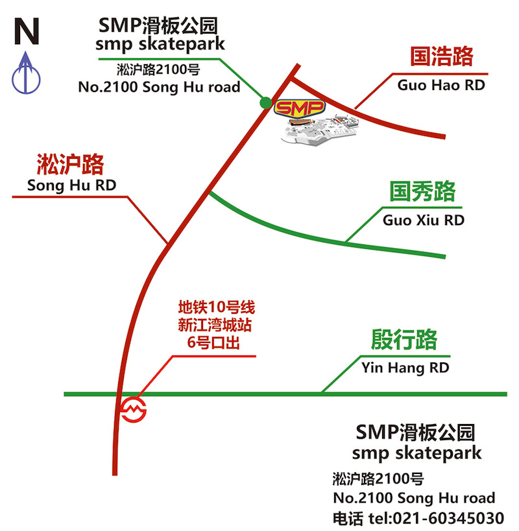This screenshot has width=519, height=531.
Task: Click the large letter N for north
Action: pyautogui.click(x=27, y=31)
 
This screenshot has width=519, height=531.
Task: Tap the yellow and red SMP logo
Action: pyautogui.click(x=300, y=108)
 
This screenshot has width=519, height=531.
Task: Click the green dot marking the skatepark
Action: pyautogui.click(x=266, y=102)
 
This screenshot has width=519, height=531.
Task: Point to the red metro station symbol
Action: pyautogui.click(x=134, y=410)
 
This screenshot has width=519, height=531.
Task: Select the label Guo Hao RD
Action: pyautogui.click(x=441, y=85)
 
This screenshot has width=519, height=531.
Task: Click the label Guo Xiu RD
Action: pyautogui.click(x=424, y=220)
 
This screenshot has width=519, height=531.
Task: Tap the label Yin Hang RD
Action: pyautogui.click(x=405, y=368)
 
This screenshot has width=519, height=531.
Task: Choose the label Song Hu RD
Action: pyautogui.click(x=71, y=185)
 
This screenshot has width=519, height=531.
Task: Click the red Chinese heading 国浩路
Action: pyautogui.click(x=441, y=56)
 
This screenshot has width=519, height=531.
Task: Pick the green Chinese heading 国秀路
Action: pyautogui.click(x=422, y=191)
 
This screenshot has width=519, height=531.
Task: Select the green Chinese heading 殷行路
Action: pyautogui.click(x=404, y=339)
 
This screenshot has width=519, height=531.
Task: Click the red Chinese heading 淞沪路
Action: pyautogui.click(x=70, y=164)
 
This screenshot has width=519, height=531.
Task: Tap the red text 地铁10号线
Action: pyautogui.click(x=217, y=307)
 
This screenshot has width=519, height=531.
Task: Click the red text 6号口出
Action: pyautogui.click(x=213, y=343)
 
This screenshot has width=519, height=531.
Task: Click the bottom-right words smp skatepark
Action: pyautogui.click(x=416, y=453)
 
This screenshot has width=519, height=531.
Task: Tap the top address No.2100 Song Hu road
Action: pyautogui.click(x=159, y=87)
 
